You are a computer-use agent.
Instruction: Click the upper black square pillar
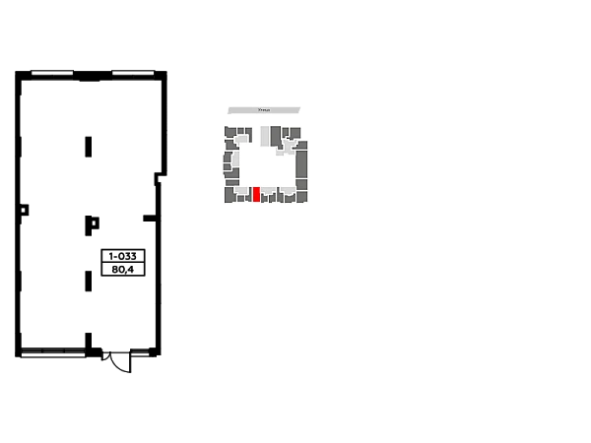click(x=87, y=146)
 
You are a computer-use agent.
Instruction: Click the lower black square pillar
click(x=91, y=223)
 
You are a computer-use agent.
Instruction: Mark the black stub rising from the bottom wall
click(x=87, y=339)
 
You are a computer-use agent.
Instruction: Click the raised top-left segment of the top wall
click(x=51, y=68)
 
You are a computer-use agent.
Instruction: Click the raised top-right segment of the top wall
click(x=134, y=68)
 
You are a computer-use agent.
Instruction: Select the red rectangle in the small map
click(x=256, y=194)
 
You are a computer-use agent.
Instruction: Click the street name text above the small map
click(x=264, y=110)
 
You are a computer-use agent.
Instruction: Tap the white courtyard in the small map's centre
click(x=267, y=165)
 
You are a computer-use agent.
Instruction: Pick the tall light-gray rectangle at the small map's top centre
click(x=265, y=135)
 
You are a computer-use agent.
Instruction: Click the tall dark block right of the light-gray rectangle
click(x=276, y=136)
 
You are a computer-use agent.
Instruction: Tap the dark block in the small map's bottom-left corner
click(x=229, y=195)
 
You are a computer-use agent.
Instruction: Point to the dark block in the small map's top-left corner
click(x=230, y=132)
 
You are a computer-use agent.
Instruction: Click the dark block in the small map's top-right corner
click(x=295, y=132)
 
